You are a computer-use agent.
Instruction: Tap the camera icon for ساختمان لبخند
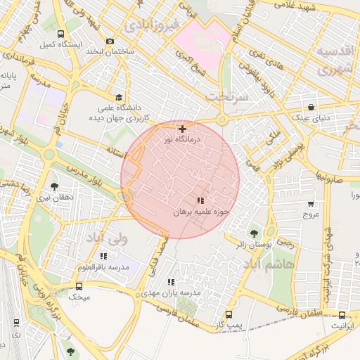(x=109, y=41)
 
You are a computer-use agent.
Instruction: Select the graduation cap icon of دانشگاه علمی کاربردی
(x=119, y=98)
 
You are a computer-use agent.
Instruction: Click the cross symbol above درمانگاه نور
(x=183, y=129)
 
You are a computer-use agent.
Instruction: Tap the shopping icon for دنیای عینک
(x=310, y=108)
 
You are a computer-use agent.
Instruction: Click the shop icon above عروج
(x=311, y=204)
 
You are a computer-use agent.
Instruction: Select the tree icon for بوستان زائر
(x=253, y=233)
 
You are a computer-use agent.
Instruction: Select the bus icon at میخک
(x=79, y=286)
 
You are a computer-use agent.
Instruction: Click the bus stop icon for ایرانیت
(x=342, y=316)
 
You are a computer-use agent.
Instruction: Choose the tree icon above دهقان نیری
(x=54, y=186)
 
